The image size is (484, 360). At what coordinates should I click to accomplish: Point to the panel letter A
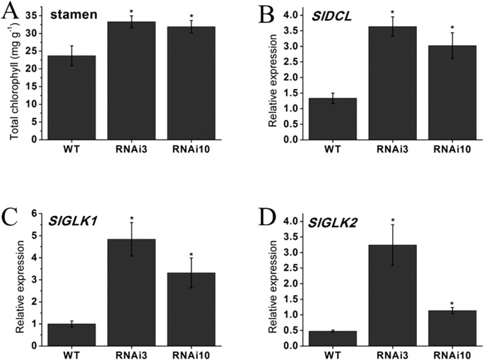tap(13, 14)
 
